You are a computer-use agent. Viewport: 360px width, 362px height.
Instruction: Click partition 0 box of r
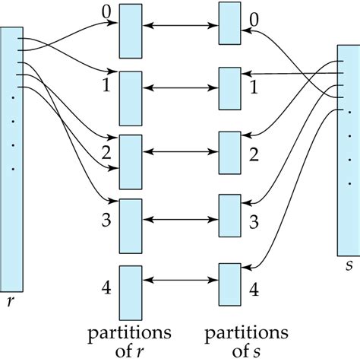point(131,28)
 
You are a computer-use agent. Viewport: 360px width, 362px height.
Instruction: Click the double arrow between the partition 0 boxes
point(180,28)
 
